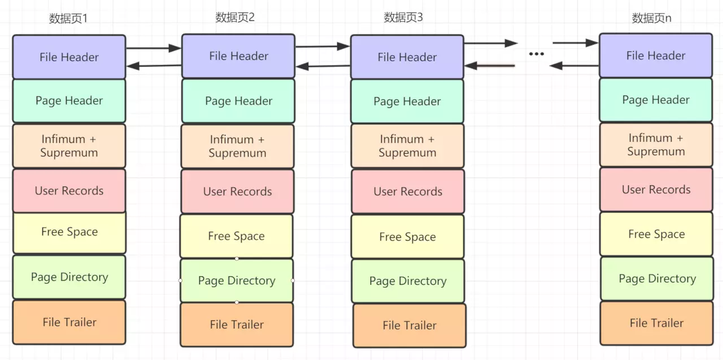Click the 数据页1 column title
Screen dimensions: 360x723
(x=68, y=19)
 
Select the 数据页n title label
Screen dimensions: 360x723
(x=651, y=18)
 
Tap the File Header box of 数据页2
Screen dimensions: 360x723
(x=238, y=56)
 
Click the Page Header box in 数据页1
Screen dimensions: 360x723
(x=69, y=101)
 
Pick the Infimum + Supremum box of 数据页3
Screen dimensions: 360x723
(x=407, y=146)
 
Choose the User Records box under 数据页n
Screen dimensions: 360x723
(x=656, y=189)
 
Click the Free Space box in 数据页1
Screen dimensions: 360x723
(x=69, y=232)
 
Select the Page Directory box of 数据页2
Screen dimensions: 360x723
(x=237, y=280)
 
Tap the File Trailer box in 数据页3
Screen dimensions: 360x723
(x=409, y=325)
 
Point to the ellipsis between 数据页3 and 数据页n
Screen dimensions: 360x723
(x=536, y=54)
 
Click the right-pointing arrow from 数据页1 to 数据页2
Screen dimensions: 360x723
(x=153, y=49)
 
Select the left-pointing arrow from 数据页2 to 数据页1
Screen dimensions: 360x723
(x=154, y=66)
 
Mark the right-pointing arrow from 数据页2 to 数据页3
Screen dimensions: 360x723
(x=323, y=46)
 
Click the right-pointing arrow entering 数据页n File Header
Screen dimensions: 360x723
(x=575, y=42)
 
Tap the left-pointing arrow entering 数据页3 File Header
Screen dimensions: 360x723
(x=490, y=66)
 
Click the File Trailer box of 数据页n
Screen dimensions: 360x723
(x=656, y=323)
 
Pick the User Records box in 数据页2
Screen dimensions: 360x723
(x=237, y=192)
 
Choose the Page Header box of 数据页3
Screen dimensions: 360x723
(x=407, y=102)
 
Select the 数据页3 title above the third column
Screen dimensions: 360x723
(x=403, y=18)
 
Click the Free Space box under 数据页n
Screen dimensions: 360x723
(x=656, y=234)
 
